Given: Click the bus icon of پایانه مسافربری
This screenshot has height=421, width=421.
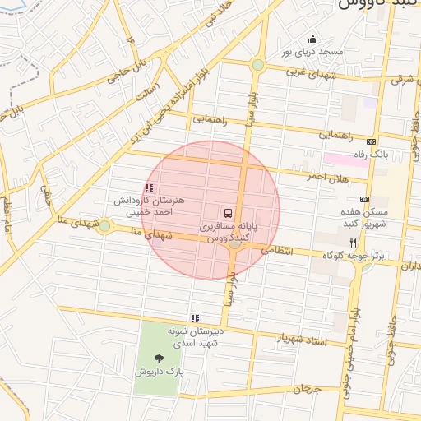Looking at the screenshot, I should pyautogui.click(x=227, y=213).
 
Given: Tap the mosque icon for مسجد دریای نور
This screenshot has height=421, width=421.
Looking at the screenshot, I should pyautogui.click(x=312, y=39).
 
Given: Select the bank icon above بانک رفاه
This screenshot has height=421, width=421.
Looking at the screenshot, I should pyautogui.click(x=370, y=141).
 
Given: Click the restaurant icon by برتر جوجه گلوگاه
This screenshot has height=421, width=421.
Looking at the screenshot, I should pyautogui.click(x=354, y=243).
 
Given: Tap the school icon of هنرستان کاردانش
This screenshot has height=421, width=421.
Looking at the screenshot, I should pyautogui.click(x=148, y=187).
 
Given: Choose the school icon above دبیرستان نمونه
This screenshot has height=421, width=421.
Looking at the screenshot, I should pyautogui.click(x=195, y=318).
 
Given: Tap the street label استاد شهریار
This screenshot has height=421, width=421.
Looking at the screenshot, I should pyautogui.click(x=302, y=339).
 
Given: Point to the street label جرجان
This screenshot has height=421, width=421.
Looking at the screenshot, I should pyautogui.click(x=305, y=387).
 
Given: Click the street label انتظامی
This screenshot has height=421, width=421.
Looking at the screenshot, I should pyautogui.click(x=276, y=248).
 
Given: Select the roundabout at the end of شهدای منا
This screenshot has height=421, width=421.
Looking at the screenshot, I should pyautogui.click(x=104, y=226).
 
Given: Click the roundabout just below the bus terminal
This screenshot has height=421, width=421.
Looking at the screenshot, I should pyautogui.click(x=235, y=243).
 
